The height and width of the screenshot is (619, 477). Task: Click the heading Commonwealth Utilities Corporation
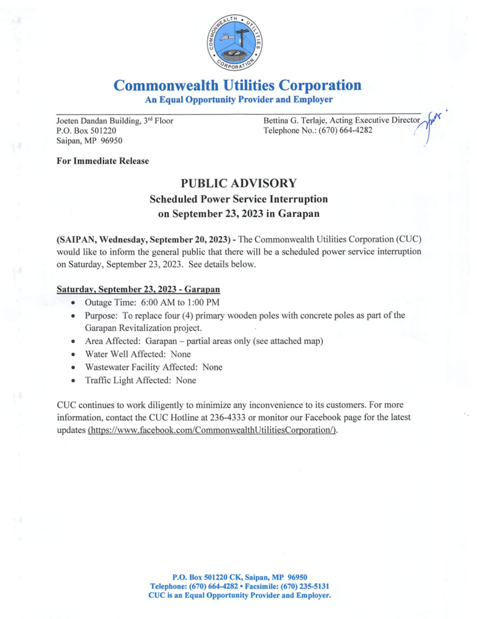238,85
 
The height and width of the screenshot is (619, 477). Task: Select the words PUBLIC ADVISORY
238,183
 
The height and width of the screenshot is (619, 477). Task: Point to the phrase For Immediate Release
102,160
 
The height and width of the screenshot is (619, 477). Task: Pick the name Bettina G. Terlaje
294,120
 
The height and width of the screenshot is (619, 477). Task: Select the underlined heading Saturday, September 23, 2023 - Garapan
138,290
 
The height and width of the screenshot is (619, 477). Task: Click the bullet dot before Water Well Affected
73,354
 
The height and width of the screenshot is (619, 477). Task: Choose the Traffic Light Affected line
140,380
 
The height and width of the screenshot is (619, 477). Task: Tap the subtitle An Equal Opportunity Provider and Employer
238,99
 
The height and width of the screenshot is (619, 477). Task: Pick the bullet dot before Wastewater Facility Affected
73,368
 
